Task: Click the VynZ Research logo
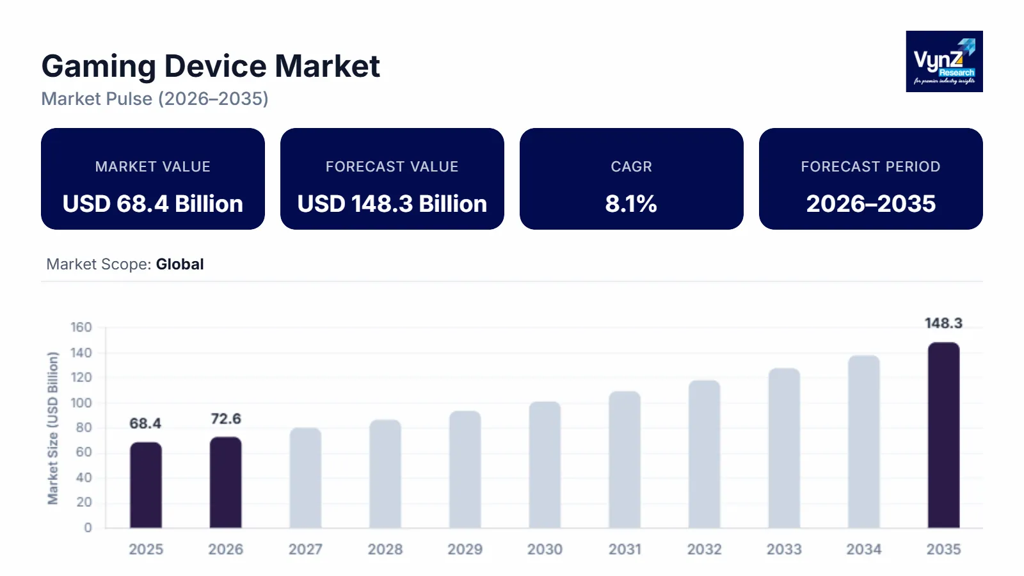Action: tap(944, 61)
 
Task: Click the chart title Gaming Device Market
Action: tap(211, 66)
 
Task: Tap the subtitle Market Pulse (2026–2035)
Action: tap(155, 99)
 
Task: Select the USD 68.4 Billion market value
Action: tap(153, 204)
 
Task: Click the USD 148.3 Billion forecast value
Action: tap(392, 204)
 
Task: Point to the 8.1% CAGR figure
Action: tap(631, 204)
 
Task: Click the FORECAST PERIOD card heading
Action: tap(870, 166)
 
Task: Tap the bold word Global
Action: tap(180, 264)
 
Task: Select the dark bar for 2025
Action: tap(146, 485)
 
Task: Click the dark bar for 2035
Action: tap(943, 435)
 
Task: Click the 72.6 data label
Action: tap(226, 419)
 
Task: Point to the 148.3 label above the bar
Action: tap(943, 323)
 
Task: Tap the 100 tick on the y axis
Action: tap(81, 403)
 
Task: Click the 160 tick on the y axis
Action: tap(81, 327)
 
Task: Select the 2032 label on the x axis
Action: tap(704, 549)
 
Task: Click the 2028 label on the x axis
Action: tap(385, 549)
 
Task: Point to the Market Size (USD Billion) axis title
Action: tap(52, 428)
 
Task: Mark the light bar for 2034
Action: tap(864, 442)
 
